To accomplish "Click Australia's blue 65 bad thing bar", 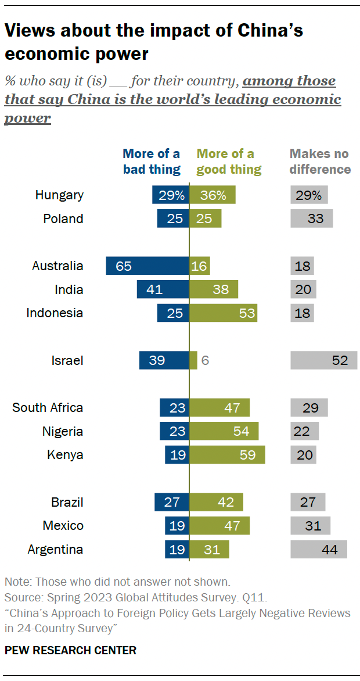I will (x=147, y=266).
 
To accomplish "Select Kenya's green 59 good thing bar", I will (x=227, y=454).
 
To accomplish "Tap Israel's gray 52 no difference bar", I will (x=323, y=360).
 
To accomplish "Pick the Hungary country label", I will (x=59, y=195).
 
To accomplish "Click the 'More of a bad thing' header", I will (x=151, y=162).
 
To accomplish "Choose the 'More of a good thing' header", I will (x=229, y=162).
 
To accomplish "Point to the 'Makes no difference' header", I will (x=320, y=162).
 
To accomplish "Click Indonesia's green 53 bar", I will (x=224, y=313).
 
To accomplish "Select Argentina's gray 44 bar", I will (x=318, y=549).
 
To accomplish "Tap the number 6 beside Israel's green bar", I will (x=204, y=360).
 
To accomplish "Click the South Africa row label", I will (x=48, y=407).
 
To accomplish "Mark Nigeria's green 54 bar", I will (x=224, y=431).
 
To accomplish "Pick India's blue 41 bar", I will (x=163, y=289).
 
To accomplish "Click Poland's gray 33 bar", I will (x=311, y=219).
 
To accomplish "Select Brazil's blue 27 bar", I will (x=171, y=502).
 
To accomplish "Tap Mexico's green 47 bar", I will (x=219, y=525).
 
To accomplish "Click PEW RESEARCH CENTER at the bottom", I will (x=70, y=650).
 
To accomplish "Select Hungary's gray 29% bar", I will (x=309, y=195).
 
